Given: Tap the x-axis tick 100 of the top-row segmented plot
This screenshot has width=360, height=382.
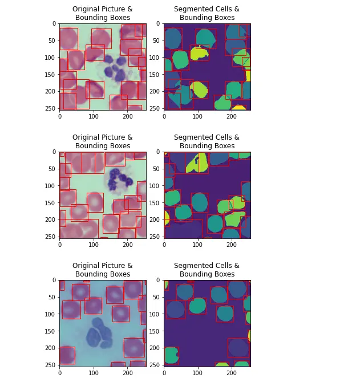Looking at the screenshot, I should (x=197, y=116).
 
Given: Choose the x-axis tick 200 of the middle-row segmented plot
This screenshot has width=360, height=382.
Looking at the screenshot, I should (x=232, y=245).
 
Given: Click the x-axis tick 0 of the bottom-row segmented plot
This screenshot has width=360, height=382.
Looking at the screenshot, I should (x=164, y=373).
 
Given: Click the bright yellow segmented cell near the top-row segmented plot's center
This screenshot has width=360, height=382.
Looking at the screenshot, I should (x=199, y=53).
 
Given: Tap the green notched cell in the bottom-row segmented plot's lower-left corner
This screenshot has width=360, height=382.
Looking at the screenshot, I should (x=171, y=355).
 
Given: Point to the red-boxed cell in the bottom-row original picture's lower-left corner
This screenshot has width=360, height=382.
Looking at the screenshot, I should (x=67, y=355).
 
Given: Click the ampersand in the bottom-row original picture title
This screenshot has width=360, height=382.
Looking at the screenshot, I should (x=130, y=266).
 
